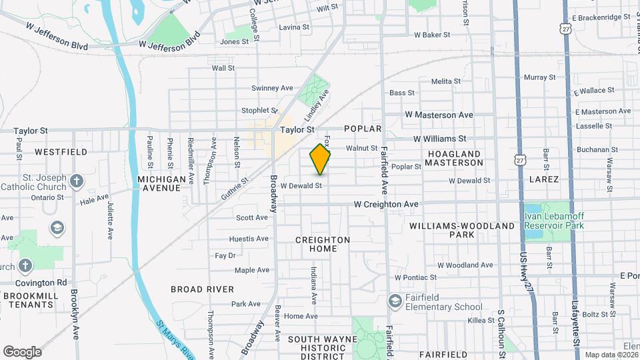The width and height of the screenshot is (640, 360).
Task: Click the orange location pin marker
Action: pyautogui.click(x=320, y=159)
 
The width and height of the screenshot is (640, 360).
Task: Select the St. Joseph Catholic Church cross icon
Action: pyautogui.click(x=77, y=181)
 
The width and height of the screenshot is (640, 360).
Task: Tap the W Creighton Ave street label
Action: pyautogui.click(x=386, y=204)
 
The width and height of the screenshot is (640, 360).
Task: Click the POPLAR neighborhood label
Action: pyautogui.click(x=363, y=128)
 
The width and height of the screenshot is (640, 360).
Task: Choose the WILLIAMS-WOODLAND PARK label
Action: pyautogui.click(x=462, y=230)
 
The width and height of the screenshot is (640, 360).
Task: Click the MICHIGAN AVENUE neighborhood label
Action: pyautogui.click(x=161, y=183)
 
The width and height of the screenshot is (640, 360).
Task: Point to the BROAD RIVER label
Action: pyautogui.click(x=202, y=289)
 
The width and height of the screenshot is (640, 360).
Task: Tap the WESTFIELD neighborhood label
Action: pyautogui.click(x=61, y=152)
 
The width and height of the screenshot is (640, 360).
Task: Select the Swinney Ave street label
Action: pyautogui.click(x=272, y=88)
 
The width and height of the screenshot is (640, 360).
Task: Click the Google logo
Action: pyautogui.click(x=22, y=351)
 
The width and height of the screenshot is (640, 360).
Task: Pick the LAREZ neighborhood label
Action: pyautogui.click(x=543, y=180)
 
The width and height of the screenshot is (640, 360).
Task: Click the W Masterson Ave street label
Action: pyautogui.click(x=439, y=115)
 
